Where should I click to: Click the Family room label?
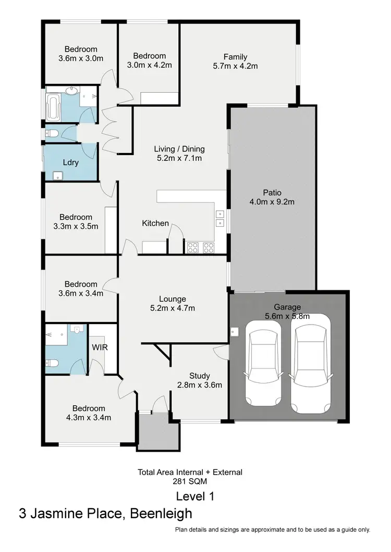(235, 57)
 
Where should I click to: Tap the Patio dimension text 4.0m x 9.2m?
(272, 202)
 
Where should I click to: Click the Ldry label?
(70, 162)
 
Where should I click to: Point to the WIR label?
(100, 347)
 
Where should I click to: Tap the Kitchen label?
(155, 223)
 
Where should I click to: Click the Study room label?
(200, 376)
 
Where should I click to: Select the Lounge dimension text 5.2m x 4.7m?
(173, 308)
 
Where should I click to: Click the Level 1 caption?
(195, 496)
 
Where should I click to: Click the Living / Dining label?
(179, 149)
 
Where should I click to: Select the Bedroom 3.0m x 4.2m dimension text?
(149, 65)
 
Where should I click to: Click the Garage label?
(287, 307)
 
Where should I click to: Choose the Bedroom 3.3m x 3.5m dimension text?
(76, 226)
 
